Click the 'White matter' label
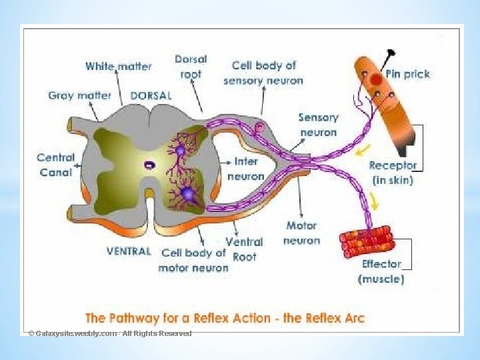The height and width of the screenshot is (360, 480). click(x=118, y=66)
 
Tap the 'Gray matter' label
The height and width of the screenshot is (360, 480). click(x=79, y=95)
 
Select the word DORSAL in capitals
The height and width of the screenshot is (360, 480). click(x=151, y=95)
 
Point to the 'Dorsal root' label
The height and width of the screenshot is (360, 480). click(x=191, y=66)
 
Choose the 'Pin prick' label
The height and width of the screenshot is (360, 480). click(x=407, y=73)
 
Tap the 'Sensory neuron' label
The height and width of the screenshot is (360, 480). click(x=318, y=125)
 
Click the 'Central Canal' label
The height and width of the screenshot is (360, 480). click(x=55, y=164)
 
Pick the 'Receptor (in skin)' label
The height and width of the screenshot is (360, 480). click(x=392, y=172)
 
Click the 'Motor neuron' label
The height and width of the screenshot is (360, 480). click(x=301, y=233)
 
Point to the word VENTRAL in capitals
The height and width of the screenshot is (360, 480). click(x=129, y=251)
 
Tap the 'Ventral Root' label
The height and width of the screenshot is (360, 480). click(x=244, y=249)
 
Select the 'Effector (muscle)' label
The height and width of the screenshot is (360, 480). click(x=381, y=271)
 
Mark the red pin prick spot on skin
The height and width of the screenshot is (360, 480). click(x=376, y=80)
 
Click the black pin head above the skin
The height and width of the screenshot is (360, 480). click(x=391, y=51)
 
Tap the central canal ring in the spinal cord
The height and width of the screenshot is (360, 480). click(x=151, y=164)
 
